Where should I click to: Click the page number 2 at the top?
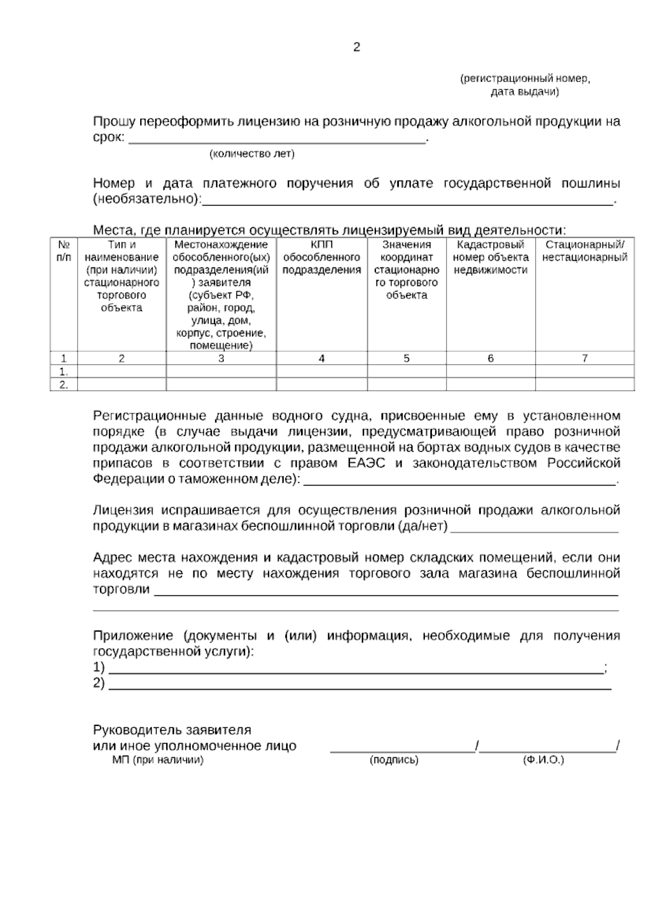click(356, 47)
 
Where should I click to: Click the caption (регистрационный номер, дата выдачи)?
click(525, 85)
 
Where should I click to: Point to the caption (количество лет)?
click(252, 154)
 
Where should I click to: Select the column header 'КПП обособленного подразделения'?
click(322, 258)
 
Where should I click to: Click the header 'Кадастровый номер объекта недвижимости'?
click(491, 258)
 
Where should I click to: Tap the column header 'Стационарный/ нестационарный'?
click(585, 251)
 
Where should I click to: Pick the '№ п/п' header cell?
click(64, 251)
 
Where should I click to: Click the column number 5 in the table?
click(406, 359)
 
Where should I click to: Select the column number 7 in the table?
click(585, 359)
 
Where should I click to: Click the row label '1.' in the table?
click(64, 372)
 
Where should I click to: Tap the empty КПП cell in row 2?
click(322, 385)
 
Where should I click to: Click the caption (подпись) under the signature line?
click(394, 760)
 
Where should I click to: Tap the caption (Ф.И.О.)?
click(543, 760)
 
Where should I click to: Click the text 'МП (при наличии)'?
click(158, 760)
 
